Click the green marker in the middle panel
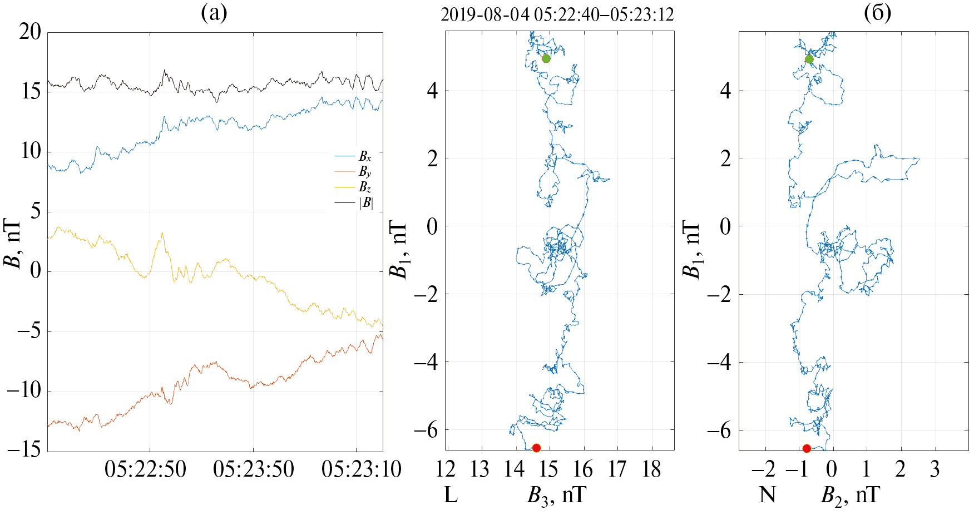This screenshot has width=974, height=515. [546, 58]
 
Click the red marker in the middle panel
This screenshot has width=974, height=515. [536, 448]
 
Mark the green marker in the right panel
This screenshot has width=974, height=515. [809, 59]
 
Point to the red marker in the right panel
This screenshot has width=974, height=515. [807, 448]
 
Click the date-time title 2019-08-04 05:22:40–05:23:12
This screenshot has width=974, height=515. [557, 15]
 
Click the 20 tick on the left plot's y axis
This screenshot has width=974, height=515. [30, 32]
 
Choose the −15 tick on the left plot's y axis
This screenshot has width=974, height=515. [24, 450]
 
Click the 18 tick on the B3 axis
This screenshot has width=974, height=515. [651, 470]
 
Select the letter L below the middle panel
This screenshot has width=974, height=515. [451, 494]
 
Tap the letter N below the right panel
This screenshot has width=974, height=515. [768, 494]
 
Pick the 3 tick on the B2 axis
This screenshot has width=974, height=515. [935, 470]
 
